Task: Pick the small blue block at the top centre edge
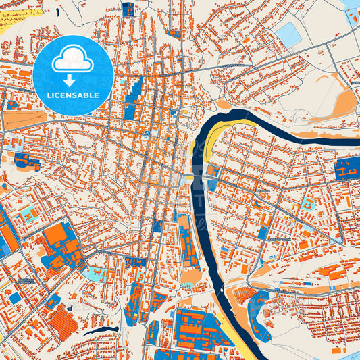128,9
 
